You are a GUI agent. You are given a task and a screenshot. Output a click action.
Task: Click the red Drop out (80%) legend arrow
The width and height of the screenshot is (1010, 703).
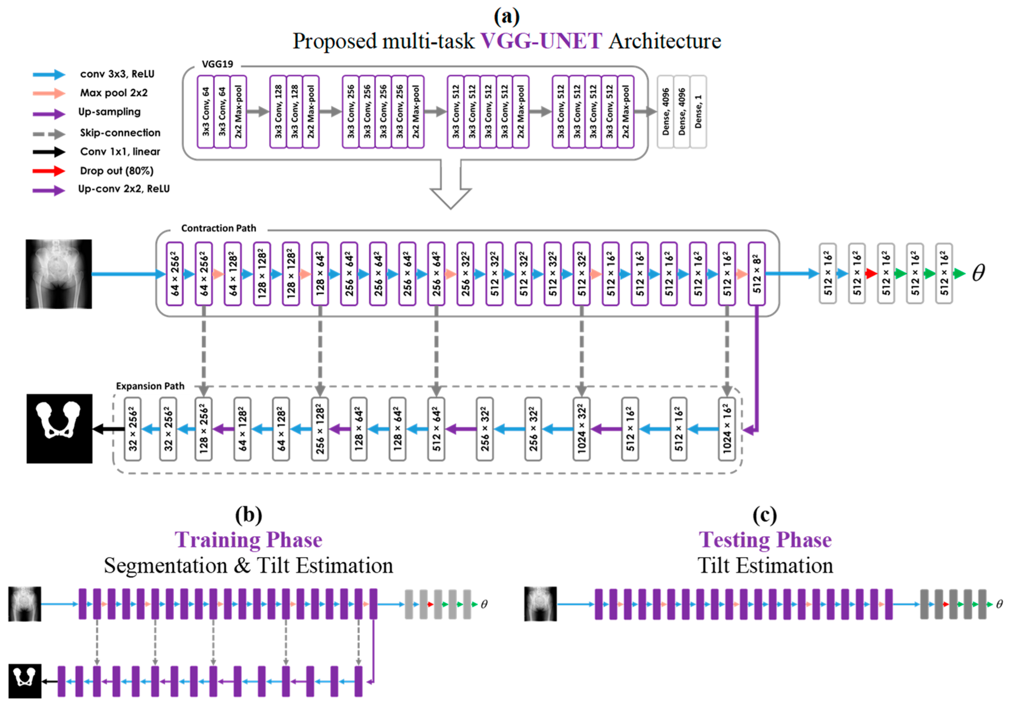(49, 171)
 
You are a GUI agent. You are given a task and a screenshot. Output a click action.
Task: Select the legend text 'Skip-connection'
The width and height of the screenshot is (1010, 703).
(120, 132)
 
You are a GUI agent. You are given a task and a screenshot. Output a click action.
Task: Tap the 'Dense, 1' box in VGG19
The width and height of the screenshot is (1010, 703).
(698, 112)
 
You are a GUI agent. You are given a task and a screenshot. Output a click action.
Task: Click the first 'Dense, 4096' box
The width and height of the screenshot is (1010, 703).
(666, 112)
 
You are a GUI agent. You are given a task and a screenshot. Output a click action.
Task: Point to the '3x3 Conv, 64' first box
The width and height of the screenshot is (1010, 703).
(206, 112)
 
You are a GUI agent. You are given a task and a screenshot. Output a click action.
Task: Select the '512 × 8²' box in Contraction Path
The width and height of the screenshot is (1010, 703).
(756, 273)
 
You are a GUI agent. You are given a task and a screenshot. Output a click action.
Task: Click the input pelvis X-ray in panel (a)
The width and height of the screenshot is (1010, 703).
(59, 274)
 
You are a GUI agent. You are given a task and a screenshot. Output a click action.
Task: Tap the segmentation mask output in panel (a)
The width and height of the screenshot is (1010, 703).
(59, 428)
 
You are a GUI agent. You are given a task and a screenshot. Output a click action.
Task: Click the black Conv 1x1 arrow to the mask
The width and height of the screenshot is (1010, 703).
(108, 429)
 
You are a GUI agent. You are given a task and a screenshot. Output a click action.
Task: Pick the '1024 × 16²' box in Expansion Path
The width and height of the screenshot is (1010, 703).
(727, 429)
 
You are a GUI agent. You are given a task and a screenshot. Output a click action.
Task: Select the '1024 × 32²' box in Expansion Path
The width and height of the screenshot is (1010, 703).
(581, 429)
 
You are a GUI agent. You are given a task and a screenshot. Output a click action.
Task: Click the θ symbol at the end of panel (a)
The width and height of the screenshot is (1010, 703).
(978, 273)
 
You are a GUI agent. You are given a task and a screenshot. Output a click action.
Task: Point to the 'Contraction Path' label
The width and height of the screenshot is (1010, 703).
(218, 228)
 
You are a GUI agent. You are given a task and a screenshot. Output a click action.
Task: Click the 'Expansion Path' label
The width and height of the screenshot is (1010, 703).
(150, 386)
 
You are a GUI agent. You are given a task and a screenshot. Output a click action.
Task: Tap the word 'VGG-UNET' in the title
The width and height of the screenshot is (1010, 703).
(541, 41)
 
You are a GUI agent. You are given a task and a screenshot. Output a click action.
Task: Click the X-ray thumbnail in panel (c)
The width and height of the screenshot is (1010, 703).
(540, 604)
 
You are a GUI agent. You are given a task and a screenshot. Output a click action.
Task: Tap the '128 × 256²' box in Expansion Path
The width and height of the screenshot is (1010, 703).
(203, 429)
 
